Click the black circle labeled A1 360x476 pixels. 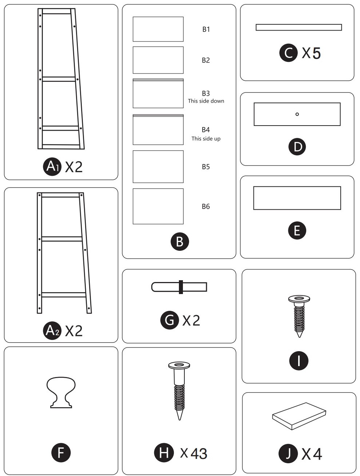(52, 167)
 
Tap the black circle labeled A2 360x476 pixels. (52, 330)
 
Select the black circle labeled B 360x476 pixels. (180, 241)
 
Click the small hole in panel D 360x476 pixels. (297, 114)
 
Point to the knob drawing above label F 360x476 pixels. (61, 392)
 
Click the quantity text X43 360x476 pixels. (194, 453)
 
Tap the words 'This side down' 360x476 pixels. (206, 101)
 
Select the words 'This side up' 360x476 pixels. (206, 139)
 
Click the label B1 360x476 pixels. (206, 29)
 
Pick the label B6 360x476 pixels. (206, 207)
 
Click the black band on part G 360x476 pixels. (181, 287)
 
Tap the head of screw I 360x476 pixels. (299, 299)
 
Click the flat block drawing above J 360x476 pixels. (299, 416)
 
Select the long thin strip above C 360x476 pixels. (299, 27)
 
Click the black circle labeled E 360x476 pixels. (297, 230)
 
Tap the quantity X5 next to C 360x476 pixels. (312, 53)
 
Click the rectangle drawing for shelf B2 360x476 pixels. (158, 60)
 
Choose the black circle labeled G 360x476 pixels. (169, 320)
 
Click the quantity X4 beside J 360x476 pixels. (312, 454)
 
